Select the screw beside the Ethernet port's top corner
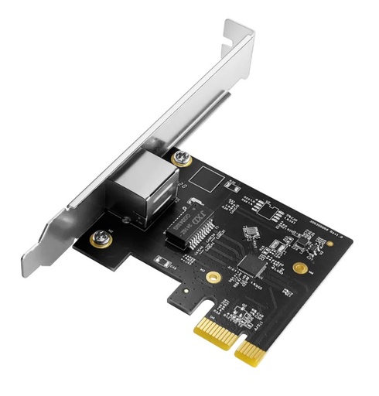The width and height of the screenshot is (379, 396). [x=183, y=159]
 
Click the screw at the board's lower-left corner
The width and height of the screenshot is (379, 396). [x=98, y=238]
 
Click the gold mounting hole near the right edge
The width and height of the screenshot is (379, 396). [x=299, y=268]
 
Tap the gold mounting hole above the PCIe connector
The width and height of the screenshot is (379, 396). [x=210, y=276]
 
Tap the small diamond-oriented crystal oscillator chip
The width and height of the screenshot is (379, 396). [x=250, y=231]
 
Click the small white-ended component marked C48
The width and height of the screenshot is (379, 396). [x=160, y=261]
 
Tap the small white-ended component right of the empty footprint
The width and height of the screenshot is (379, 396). [x=231, y=183]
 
